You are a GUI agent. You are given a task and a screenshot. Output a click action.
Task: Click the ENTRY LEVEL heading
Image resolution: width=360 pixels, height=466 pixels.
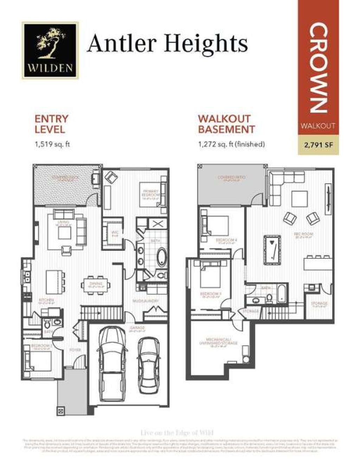(51, 124)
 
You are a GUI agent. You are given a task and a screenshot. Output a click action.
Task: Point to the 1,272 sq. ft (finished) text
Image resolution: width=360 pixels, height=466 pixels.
(231, 144)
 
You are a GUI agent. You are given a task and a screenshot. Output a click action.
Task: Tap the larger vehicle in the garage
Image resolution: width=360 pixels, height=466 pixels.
(111, 364)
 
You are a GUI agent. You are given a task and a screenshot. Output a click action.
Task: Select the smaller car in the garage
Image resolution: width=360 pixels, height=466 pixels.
(148, 365)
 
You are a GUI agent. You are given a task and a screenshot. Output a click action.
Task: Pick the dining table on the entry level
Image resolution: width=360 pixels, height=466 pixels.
(96, 285)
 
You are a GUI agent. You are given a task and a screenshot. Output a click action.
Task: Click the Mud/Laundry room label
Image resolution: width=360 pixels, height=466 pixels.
(146, 301)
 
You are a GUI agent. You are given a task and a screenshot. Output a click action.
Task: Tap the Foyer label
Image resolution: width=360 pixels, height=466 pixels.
(75, 350)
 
